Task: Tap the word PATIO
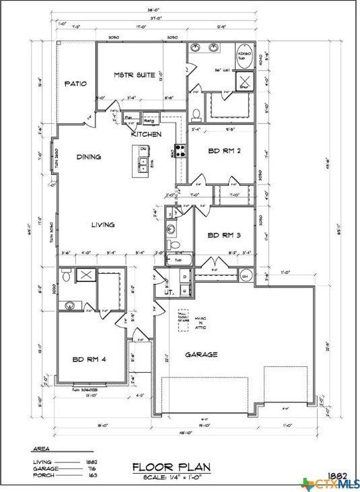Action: pos(75,84)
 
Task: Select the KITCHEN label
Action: pos(146,135)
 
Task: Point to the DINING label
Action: pos(88,157)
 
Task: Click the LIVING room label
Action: pos(102,225)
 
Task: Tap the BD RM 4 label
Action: pos(89,359)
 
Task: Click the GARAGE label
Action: pos(201,354)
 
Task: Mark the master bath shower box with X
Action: pos(245,82)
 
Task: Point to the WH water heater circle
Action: pos(245,276)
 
